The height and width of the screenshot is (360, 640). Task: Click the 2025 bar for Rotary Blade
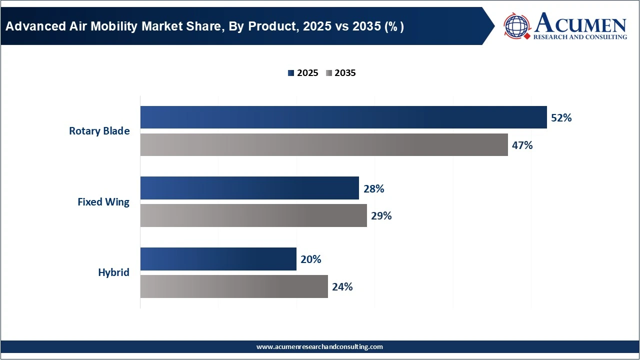click(343, 117)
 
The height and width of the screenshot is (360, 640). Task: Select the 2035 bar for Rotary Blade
click(323, 145)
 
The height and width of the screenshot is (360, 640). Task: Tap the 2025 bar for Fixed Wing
click(249, 188)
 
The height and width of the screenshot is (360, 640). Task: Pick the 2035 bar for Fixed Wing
click(253, 215)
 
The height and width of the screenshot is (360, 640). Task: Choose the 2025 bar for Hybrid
click(218, 259)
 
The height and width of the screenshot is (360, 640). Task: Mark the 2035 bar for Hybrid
click(233, 286)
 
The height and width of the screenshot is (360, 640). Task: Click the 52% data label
click(561, 118)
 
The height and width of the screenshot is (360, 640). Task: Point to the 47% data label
click(522, 145)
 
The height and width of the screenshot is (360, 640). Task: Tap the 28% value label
click(373, 189)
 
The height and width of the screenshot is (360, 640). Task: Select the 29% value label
click(381, 216)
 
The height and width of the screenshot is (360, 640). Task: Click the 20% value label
click(310, 259)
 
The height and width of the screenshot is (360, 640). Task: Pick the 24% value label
click(342, 287)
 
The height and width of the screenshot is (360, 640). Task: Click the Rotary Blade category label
click(99, 131)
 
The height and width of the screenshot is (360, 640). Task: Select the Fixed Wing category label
click(103, 202)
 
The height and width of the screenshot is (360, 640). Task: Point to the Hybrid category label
click(113, 272)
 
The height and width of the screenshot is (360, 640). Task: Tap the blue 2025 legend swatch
click(291, 73)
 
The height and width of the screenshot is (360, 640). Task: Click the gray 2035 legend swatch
click(328, 73)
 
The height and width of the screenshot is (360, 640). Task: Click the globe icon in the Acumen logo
click(517, 25)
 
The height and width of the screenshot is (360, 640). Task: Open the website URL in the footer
click(319, 346)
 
